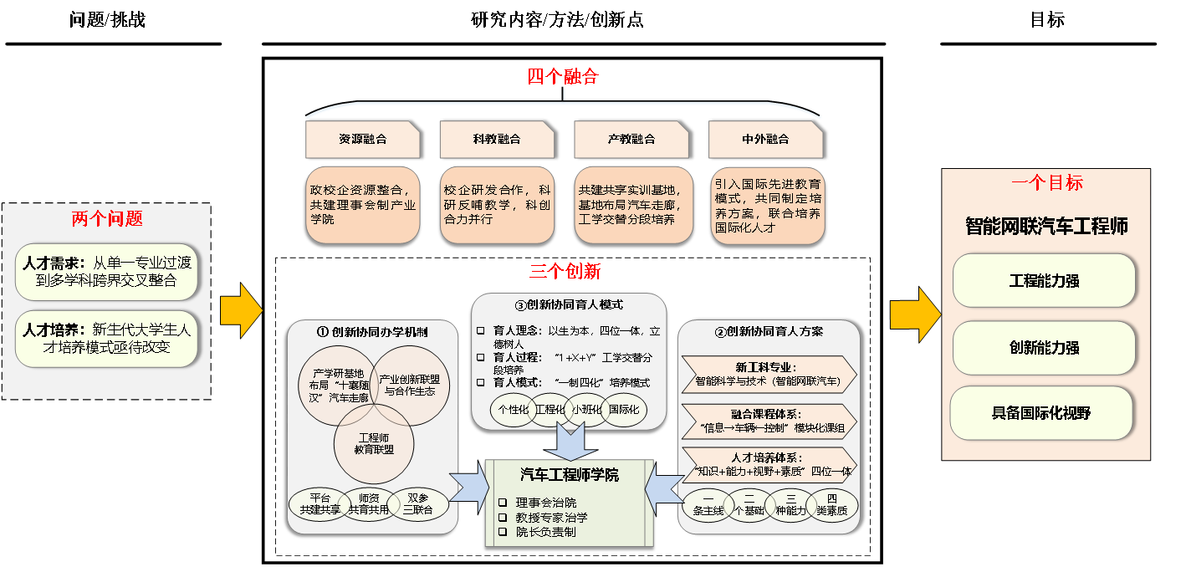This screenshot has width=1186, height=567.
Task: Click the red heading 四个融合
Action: tap(563, 77)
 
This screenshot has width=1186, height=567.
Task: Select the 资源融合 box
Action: tap(362, 140)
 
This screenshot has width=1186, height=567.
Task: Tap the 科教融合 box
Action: tap(497, 140)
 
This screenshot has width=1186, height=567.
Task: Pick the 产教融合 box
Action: tap(631, 140)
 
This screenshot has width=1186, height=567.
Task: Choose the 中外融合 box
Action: tap(765, 140)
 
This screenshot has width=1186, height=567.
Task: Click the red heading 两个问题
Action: tap(107, 219)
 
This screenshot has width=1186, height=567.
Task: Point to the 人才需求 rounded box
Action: tap(107, 272)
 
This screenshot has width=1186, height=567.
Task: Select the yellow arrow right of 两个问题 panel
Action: tap(241, 311)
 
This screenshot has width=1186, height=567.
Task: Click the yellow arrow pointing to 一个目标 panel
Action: tap(915, 314)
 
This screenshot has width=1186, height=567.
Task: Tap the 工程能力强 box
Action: tap(1044, 281)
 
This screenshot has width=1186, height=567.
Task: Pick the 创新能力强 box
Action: tap(1044, 348)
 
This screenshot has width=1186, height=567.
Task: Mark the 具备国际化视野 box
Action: tap(1041, 413)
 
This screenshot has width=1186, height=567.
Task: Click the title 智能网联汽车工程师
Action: tap(1046, 227)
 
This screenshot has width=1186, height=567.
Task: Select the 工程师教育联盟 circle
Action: tap(375, 443)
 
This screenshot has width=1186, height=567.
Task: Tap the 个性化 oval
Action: tap(514, 410)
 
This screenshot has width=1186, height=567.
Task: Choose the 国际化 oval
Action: tap(623, 410)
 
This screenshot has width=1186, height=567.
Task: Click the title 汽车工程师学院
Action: tap(569, 475)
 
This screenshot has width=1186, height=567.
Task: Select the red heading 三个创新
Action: tap(565, 272)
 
